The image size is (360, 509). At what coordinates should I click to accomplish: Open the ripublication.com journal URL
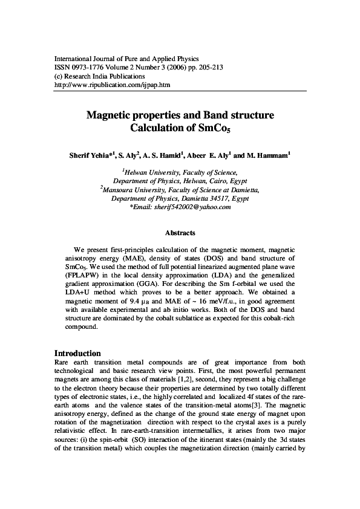click(x=112, y=85)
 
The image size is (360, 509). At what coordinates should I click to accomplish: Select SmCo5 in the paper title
click(x=210, y=128)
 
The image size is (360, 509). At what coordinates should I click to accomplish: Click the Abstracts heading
click(x=180, y=233)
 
